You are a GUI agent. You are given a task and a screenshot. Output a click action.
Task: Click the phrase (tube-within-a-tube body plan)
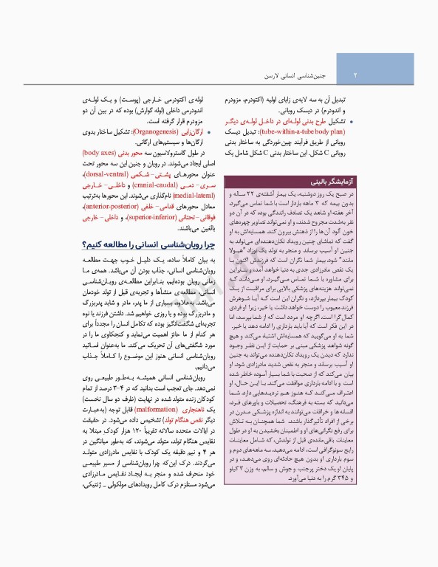pos(280,131)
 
